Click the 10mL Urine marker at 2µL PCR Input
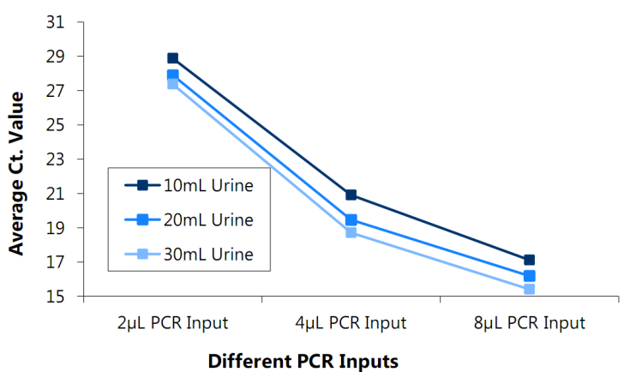coord(172,58)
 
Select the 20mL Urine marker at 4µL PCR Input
coord(351,220)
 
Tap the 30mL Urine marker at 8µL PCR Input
coord(529,290)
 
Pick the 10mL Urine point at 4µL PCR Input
coord(351,195)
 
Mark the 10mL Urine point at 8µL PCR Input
coord(529,260)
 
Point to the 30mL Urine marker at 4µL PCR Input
coord(351,232)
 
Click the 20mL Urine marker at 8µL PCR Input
coord(529,276)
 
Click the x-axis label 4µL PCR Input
coord(351,323)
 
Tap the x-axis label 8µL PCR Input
coord(529,323)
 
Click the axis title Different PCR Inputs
coord(303,360)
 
